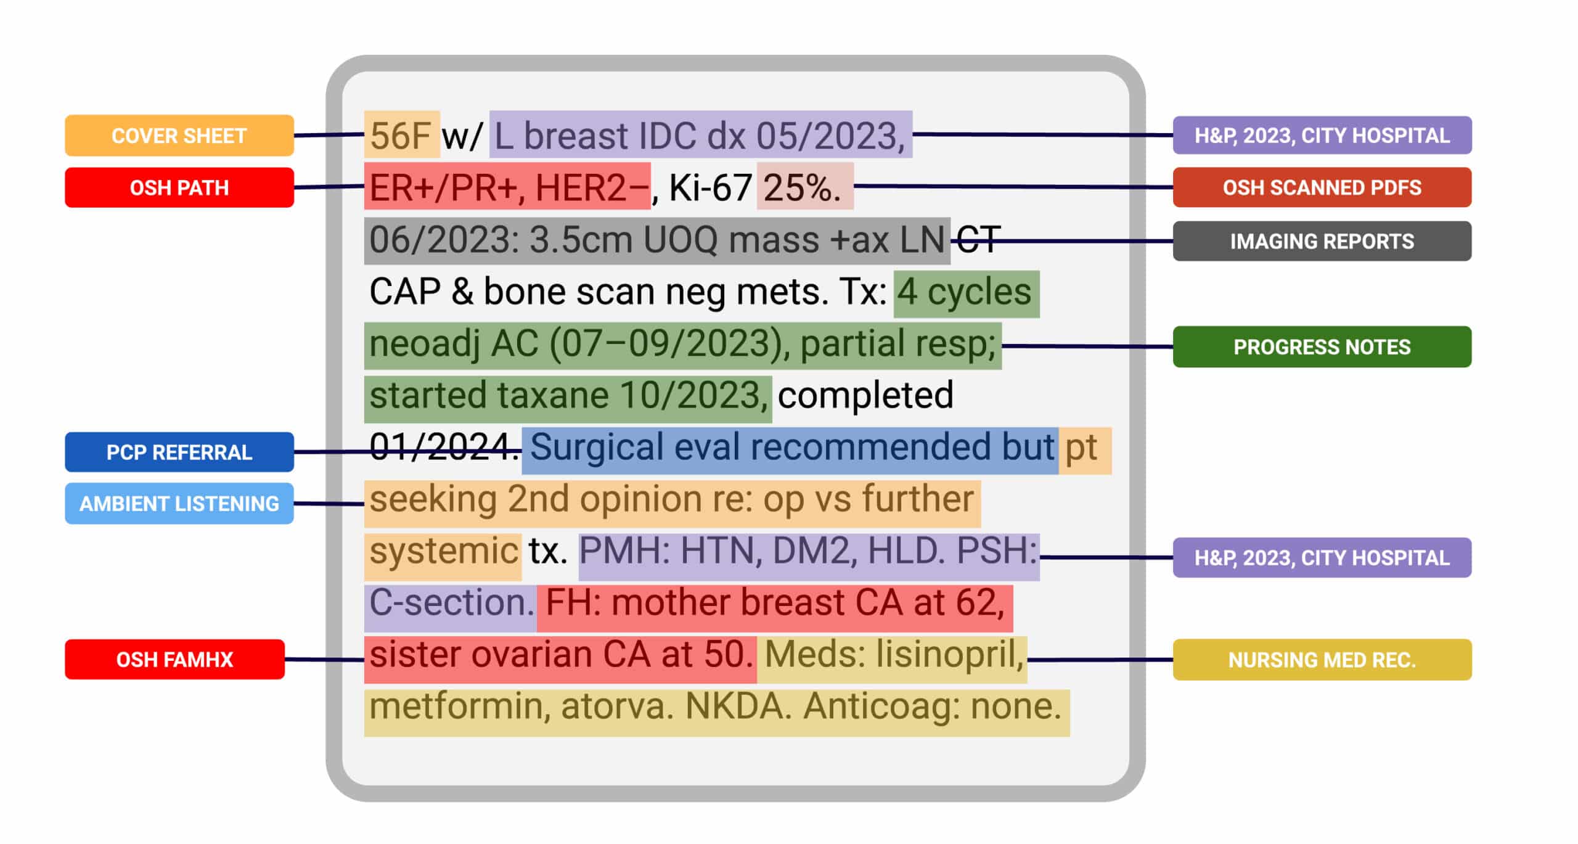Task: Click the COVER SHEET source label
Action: click(179, 136)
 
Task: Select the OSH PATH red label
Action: click(179, 187)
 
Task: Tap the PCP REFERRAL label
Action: click(179, 452)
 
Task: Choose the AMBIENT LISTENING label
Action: click(179, 504)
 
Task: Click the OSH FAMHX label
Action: click(174, 660)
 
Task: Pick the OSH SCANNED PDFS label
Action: click(1322, 187)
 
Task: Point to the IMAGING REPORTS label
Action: click(1322, 241)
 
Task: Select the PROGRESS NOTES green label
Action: click(1322, 347)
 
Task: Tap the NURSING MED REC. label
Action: click(1322, 660)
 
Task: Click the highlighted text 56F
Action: click(400, 136)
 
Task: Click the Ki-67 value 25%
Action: click(801, 187)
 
